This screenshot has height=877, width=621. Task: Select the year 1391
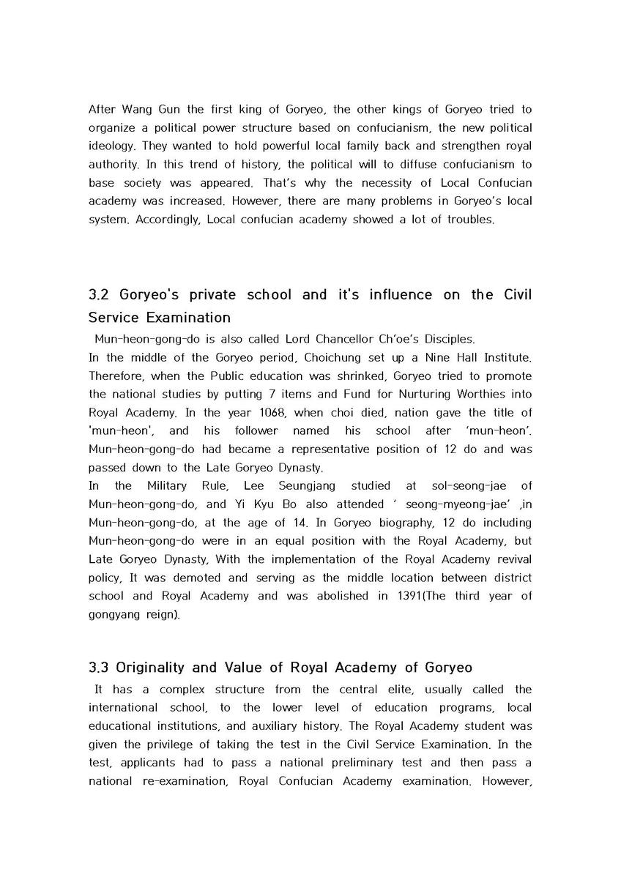[x=412, y=596]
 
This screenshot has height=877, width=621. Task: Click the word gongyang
[x=116, y=614]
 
